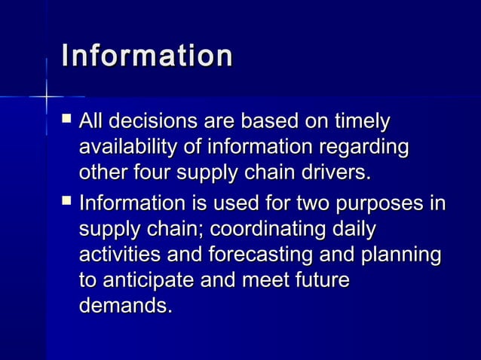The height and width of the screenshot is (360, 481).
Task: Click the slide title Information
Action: (x=147, y=56)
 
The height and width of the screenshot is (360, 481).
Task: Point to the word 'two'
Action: (x=303, y=204)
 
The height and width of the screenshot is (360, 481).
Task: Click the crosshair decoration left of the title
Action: (x=46, y=96)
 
